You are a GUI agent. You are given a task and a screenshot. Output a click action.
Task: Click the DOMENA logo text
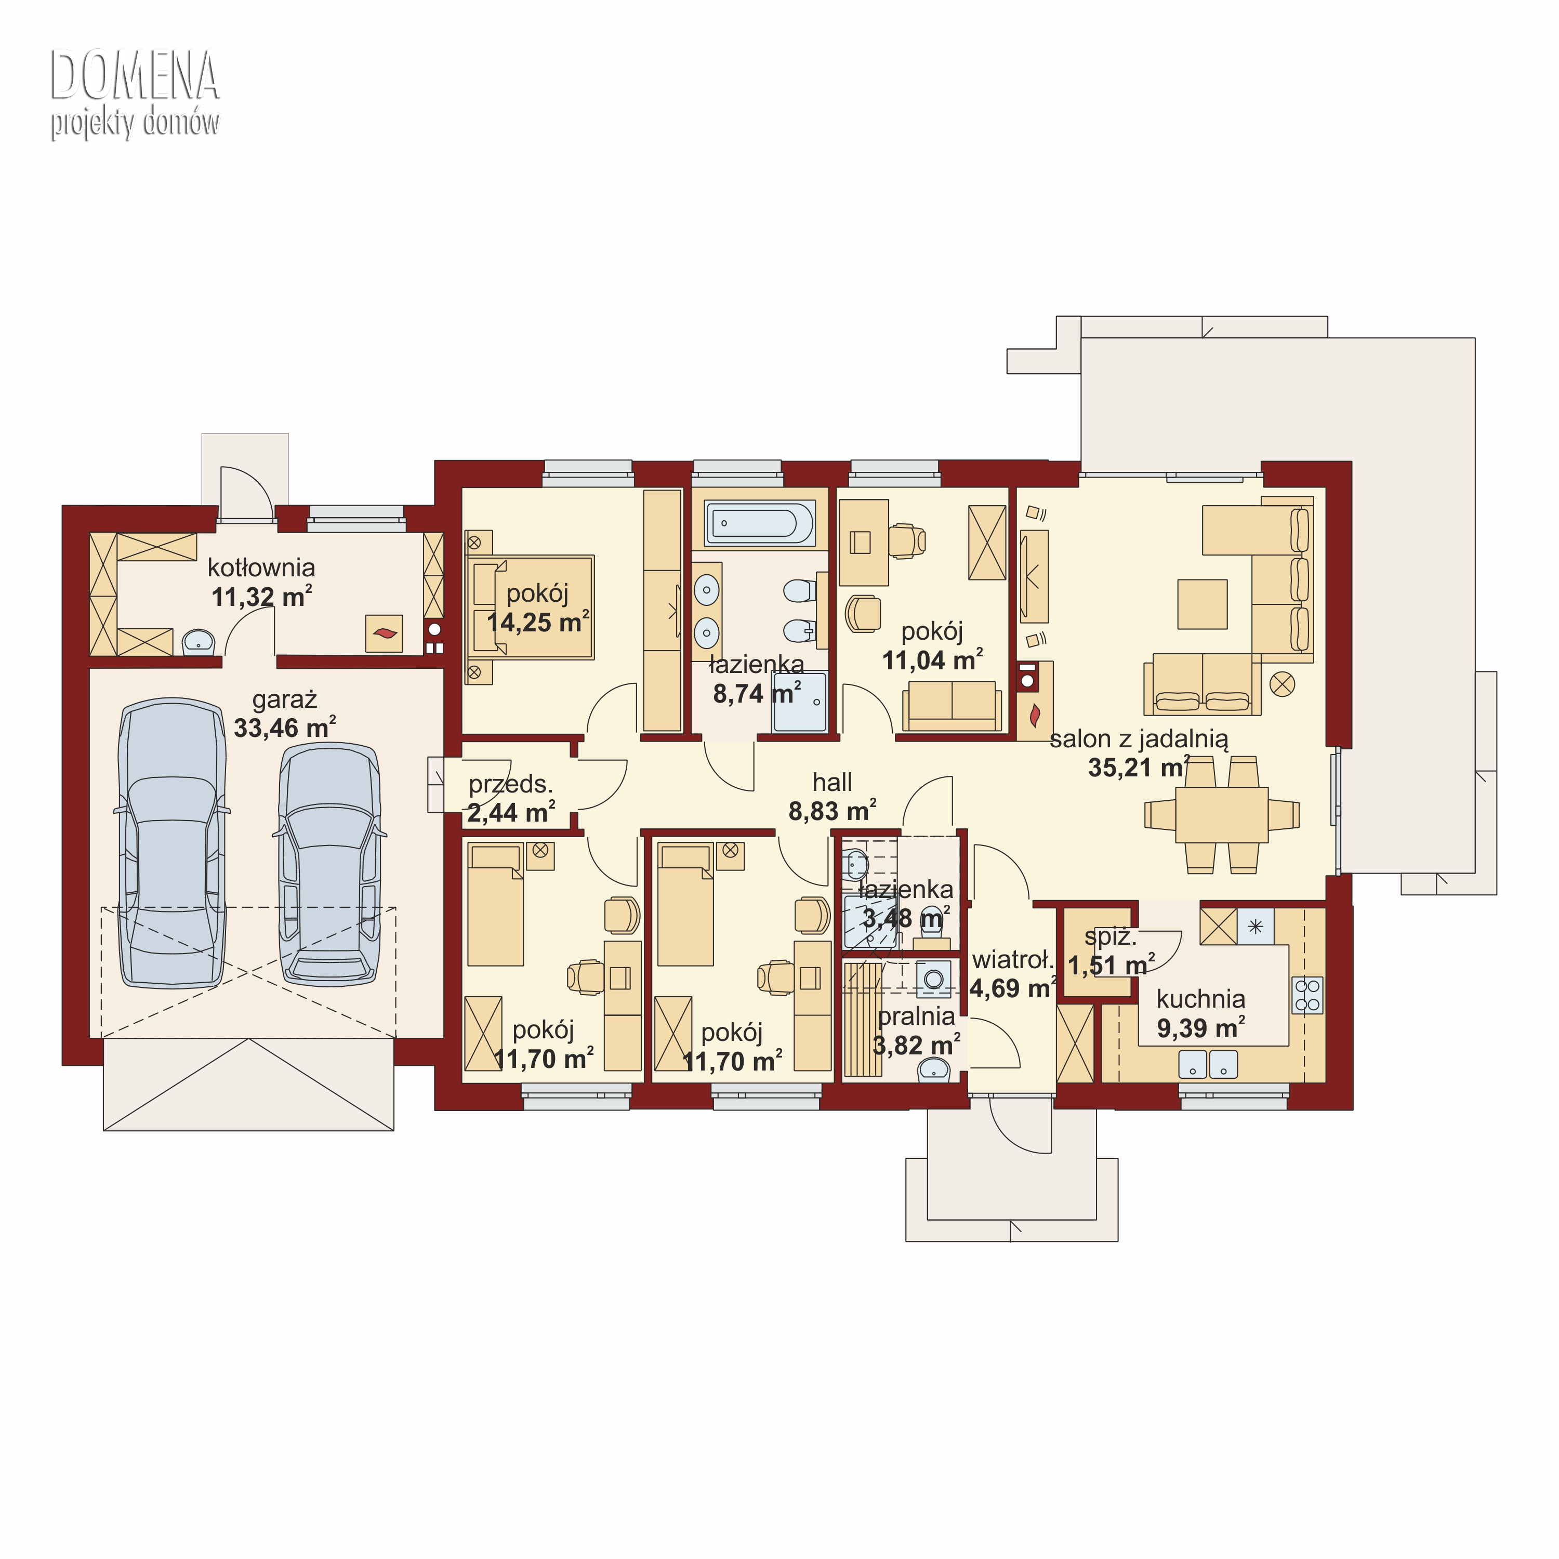click(x=135, y=76)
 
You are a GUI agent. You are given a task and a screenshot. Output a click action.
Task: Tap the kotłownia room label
click(x=261, y=568)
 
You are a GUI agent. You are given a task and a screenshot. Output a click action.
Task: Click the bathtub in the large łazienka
click(x=759, y=523)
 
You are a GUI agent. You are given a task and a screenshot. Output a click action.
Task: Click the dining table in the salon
click(x=1222, y=815)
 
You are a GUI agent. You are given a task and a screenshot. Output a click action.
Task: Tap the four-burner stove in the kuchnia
click(x=1307, y=995)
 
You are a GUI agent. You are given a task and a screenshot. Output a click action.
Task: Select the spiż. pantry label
click(x=1111, y=937)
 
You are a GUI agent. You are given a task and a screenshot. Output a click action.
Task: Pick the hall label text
click(x=832, y=782)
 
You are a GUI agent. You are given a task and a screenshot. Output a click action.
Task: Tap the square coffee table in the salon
click(x=1203, y=603)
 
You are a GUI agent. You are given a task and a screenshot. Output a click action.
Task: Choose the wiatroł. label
click(x=1013, y=960)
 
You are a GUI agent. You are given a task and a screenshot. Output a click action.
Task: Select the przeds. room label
click(x=511, y=784)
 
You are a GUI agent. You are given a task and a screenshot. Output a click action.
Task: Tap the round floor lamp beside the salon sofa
click(x=1282, y=685)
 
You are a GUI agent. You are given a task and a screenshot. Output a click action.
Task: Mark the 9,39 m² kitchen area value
click(x=1201, y=1028)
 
